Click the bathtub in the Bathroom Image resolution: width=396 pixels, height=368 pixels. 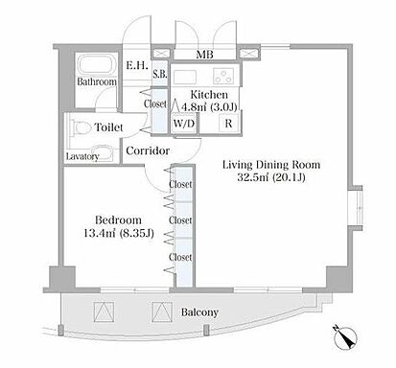(96, 66)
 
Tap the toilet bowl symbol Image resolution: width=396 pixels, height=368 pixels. (79, 128)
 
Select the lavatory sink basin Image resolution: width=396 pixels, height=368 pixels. (102, 152)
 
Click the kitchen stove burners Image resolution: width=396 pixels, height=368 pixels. (223, 76)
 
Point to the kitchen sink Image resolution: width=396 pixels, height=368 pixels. (185, 77)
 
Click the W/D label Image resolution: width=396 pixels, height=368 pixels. (184, 124)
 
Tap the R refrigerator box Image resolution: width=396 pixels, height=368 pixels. (228, 123)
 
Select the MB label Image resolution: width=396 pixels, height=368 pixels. (204, 55)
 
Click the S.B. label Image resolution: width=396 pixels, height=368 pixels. (159, 74)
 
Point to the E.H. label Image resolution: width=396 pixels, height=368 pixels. (137, 66)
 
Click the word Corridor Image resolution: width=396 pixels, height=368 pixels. (148, 150)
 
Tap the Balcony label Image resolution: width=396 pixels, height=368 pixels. (199, 312)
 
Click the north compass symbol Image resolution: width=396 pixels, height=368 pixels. (346, 338)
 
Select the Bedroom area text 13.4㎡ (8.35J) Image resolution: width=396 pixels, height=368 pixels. (119, 233)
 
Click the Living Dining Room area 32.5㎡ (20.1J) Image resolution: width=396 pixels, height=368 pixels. (271, 177)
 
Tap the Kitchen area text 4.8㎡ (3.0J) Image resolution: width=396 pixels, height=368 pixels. (209, 106)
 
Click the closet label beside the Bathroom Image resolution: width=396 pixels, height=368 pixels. (155, 103)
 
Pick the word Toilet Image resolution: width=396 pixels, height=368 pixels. (109, 127)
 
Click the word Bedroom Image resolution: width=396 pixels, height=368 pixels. (118, 220)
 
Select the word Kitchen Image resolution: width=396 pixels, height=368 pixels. (209, 95)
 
